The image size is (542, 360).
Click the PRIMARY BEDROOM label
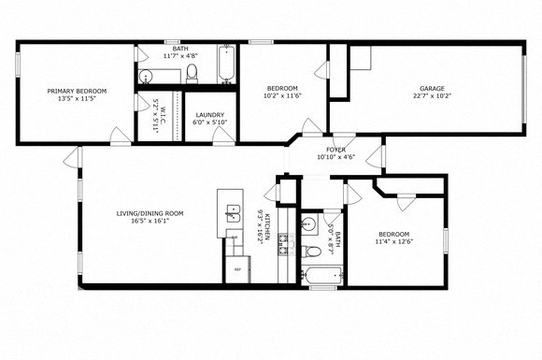78,91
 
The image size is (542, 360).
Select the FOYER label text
335,150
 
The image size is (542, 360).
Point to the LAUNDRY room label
208,115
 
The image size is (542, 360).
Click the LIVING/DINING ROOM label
150,213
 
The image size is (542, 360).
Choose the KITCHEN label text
269,225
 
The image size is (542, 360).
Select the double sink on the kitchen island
232,218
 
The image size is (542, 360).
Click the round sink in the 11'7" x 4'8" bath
147,76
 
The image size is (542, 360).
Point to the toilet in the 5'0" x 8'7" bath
314,251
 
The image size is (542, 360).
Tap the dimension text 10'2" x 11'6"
281,94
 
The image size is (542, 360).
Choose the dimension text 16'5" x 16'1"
150,222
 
